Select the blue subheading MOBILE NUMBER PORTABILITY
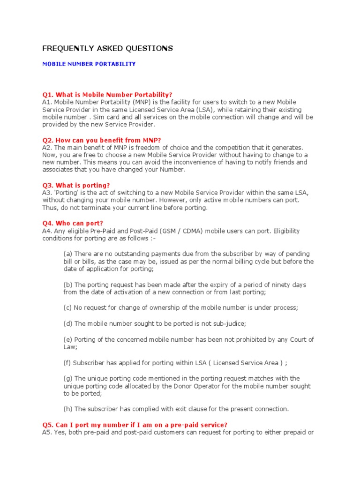(x=89, y=64)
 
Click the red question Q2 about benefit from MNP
(x=102, y=140)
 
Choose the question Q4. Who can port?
(x=73, y=223)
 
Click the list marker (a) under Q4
(x=68, y=254)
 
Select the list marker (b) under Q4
(x=68, y=285)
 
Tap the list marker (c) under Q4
(x=68, y=307)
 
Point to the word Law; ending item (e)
(x=70, y=347)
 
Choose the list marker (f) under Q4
(x=67, y=362)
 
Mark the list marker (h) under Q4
(x=68, y=409)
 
